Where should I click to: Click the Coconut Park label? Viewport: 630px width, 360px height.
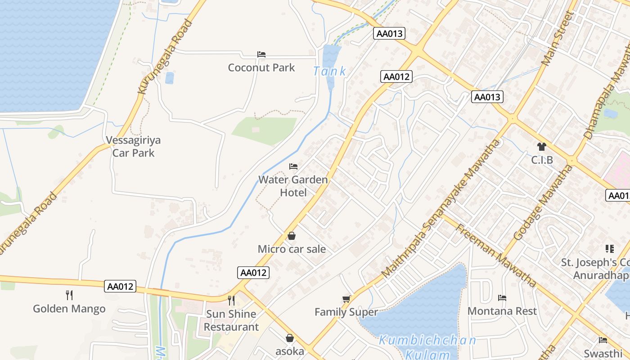tap(261, 67)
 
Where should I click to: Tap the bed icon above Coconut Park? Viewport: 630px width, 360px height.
tap(261, 54)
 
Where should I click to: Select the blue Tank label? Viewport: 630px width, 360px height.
tap(330, 71)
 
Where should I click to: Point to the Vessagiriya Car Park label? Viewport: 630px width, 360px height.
tap(133, 146)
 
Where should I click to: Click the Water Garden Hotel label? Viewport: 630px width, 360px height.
tap(293, 186)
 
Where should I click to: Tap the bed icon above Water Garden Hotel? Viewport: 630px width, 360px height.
tap(293, 166)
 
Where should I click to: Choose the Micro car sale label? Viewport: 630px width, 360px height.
tap(292, 249)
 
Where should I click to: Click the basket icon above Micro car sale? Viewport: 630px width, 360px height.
tap(292, 236)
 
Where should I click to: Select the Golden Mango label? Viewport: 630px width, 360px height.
tap(69, 309)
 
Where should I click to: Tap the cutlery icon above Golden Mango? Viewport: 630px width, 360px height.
tap(69, 295)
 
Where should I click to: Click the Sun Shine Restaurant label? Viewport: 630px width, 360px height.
tap(231, 320)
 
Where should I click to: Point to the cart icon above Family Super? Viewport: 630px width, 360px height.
tap(346, 299)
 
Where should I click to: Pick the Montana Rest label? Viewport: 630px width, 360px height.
tap(502, 311)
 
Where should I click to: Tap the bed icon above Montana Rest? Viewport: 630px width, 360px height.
tap(502, 298)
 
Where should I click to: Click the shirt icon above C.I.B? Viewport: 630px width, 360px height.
tap(542, 147)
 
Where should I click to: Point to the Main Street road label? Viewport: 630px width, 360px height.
tap(558, 39)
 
